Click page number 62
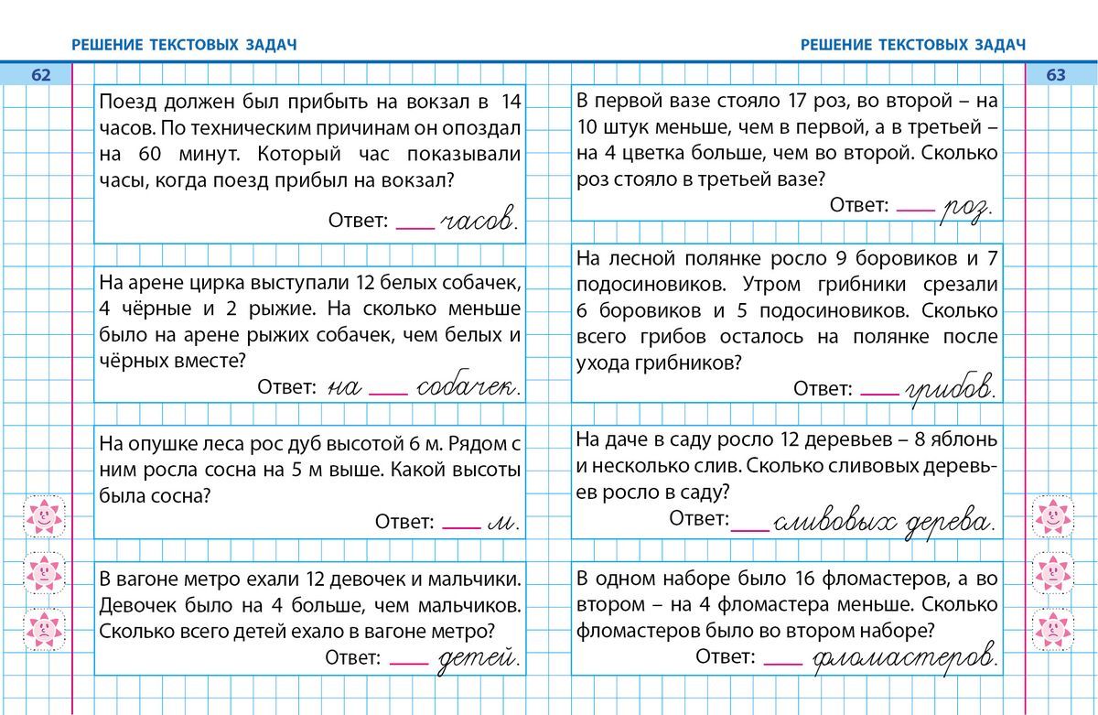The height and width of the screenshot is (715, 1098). click(41, 75)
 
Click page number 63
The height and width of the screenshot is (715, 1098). click(1056, 75)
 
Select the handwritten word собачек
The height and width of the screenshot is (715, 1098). click(466, 387)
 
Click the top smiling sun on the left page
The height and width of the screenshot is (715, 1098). click(43, 517)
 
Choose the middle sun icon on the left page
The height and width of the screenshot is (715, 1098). click(43, 573)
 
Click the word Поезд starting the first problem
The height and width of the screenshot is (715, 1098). click(126, 102)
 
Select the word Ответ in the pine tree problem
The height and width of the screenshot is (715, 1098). click(404, 522)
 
